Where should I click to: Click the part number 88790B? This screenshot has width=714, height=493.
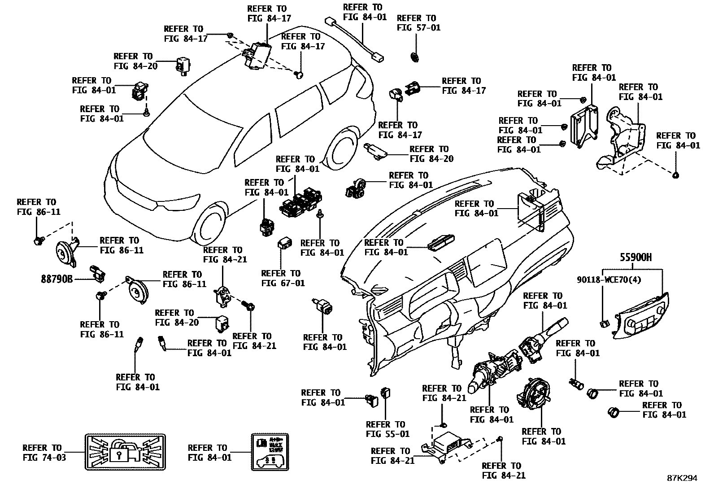[57, 279]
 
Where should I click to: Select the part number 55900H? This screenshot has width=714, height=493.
[636, 257]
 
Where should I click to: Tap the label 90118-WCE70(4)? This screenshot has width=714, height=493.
[610, 280]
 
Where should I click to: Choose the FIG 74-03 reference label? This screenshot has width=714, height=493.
[42, 453]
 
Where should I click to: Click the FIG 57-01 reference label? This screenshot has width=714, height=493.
[418, 23]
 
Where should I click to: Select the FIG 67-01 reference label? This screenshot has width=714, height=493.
[283, 278]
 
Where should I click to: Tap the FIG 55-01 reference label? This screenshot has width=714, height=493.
[387, 429]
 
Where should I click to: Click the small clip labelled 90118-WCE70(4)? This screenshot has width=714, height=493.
[604, 322]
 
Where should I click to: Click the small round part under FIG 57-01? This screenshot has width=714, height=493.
[414, 57]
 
